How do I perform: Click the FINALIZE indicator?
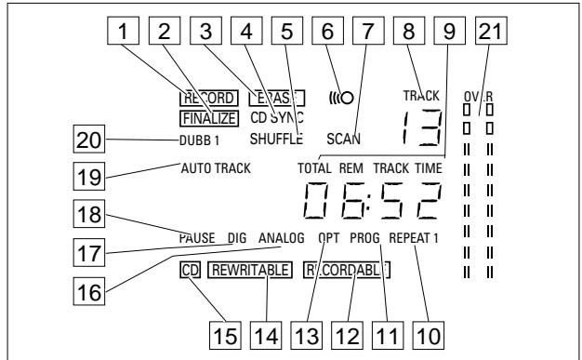click(x=208, y=118)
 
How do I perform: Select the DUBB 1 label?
click(x=200, y=140)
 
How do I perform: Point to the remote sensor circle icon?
click(x=347, y=97)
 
